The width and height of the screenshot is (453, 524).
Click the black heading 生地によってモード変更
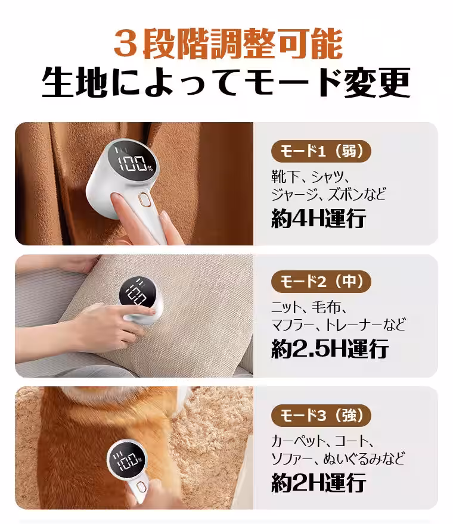[x=226, y=83]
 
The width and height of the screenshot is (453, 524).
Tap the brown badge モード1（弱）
[x=321, y=151]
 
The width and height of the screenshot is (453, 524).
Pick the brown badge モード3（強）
[x=321, y=415]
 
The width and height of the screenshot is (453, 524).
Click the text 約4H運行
[x=318, y=219]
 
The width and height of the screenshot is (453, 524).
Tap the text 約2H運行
[x=318, y=483]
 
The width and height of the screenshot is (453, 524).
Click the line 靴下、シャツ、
[x=309, y=177]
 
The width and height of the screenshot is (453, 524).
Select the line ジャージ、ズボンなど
[x=328, y=194]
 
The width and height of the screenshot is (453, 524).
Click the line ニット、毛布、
[x=309, y=308]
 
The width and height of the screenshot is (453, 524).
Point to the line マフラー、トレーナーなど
[x=338, y=325]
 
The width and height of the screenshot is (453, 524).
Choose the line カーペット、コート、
[x=322, y=441]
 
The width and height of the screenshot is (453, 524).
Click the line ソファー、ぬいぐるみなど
[x=338, y=458]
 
